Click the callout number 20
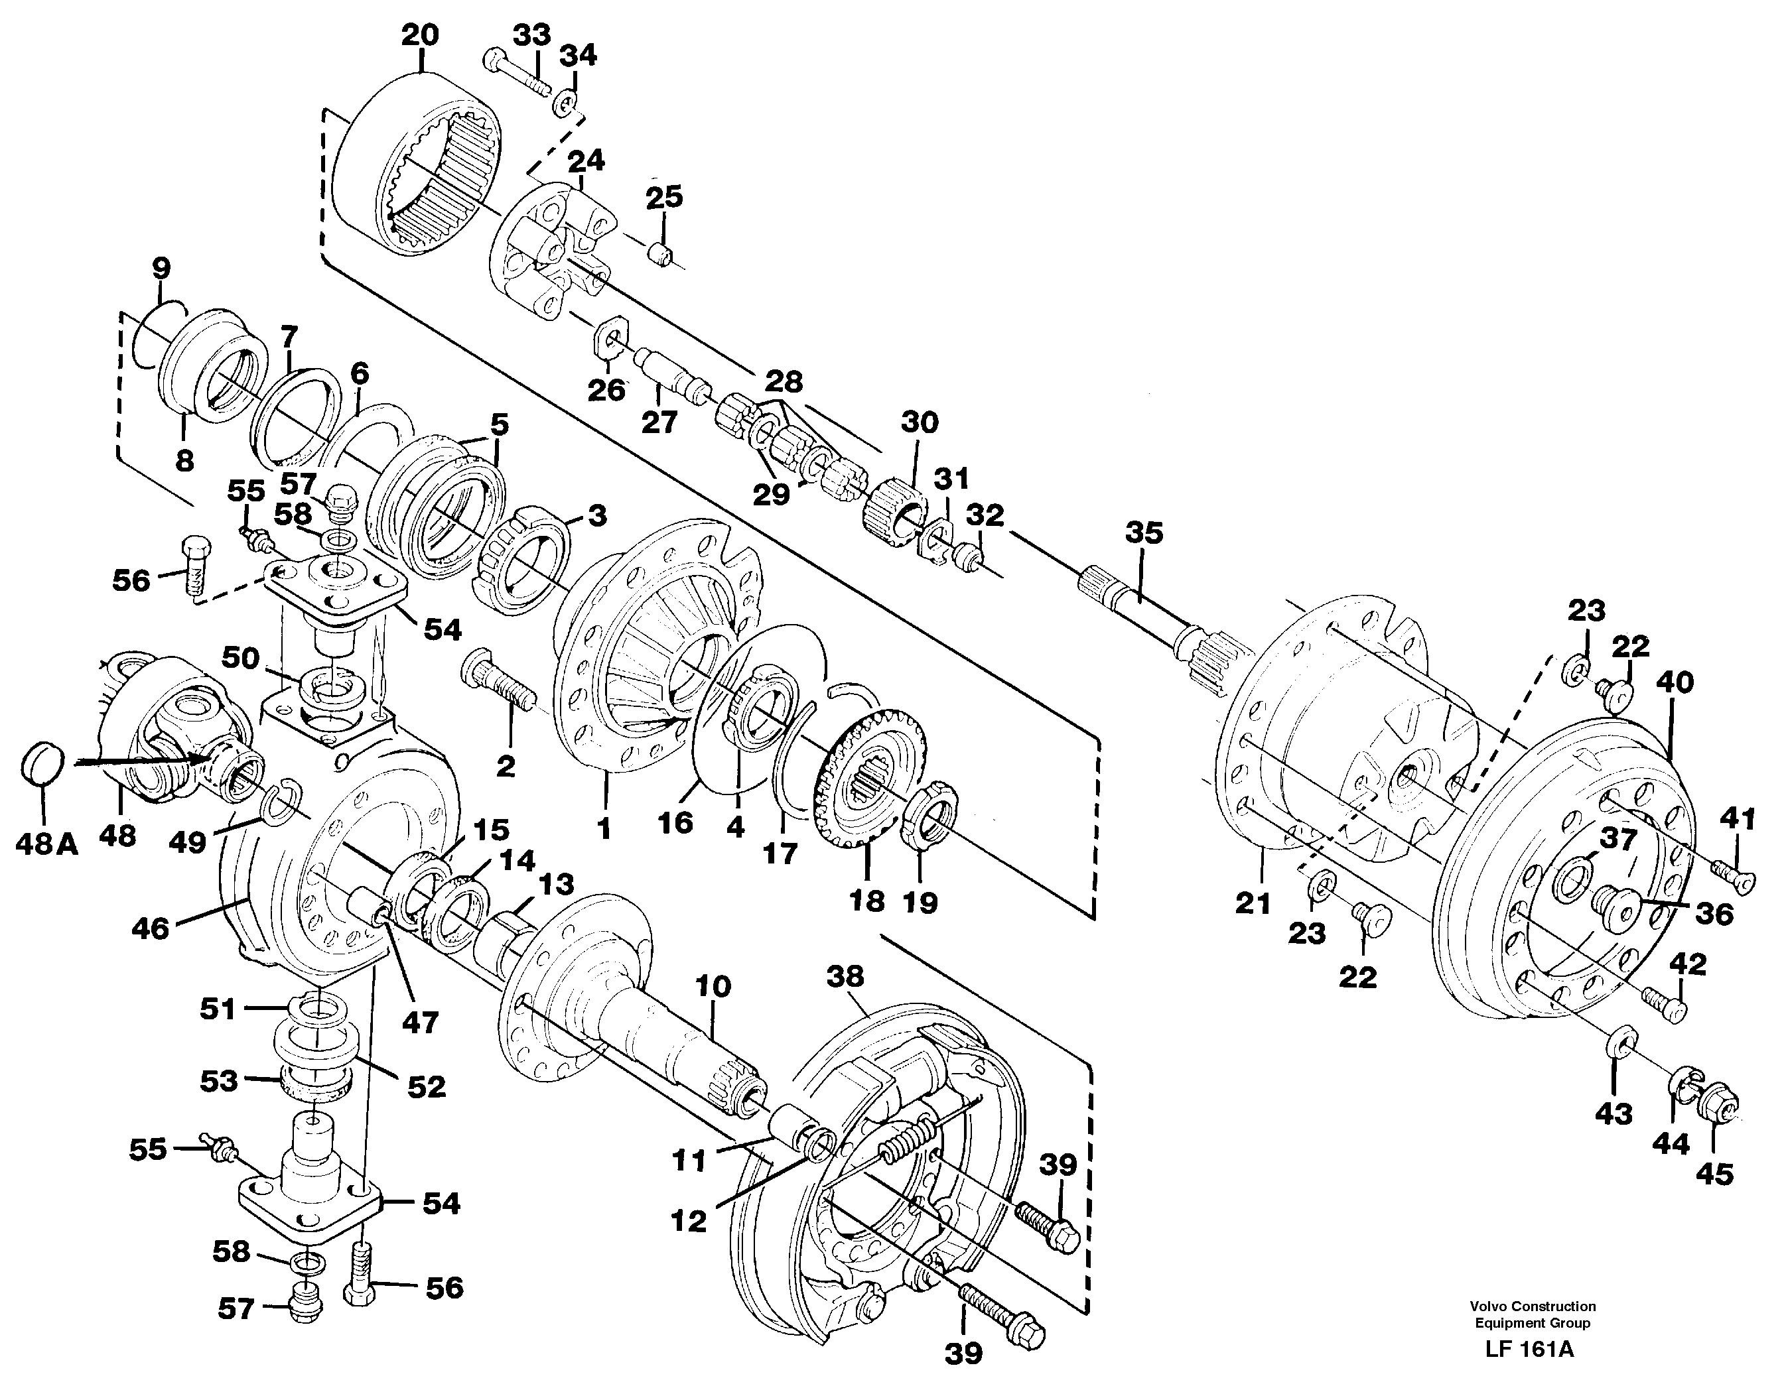point(421,35)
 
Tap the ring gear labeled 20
point(417,164)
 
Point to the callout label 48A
point(46,844)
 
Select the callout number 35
point(1143,533)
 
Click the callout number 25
point(664,197)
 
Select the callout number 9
point(161,267)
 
